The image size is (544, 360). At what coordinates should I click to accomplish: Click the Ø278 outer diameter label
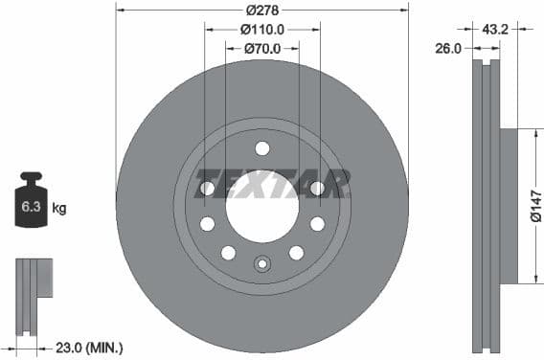(x=261, y=9)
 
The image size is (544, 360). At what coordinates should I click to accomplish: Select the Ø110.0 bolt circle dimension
(x=261, y=30)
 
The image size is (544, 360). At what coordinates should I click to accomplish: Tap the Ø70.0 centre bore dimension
(x=261, y=49)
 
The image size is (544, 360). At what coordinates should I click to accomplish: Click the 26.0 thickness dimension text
(x=448, y=47)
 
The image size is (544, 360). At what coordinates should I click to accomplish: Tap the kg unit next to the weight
(x=59, y=207)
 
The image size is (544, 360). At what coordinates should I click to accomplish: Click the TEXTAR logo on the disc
(x=272, y=183)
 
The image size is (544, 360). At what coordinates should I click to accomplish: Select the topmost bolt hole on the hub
(x=261, y=147)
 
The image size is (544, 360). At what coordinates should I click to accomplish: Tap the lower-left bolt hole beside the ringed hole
(x=228, y=253)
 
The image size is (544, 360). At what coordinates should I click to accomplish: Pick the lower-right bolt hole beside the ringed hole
(x=296, y=253)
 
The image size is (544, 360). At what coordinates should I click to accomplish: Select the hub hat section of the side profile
(x=508, y=206)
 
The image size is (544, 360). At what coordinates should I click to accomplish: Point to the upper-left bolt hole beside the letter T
(x=207, y=189)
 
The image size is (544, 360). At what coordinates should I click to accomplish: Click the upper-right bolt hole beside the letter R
(x=317, y=189)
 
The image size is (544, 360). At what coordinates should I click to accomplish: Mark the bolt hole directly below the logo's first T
(x=207, y=224)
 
